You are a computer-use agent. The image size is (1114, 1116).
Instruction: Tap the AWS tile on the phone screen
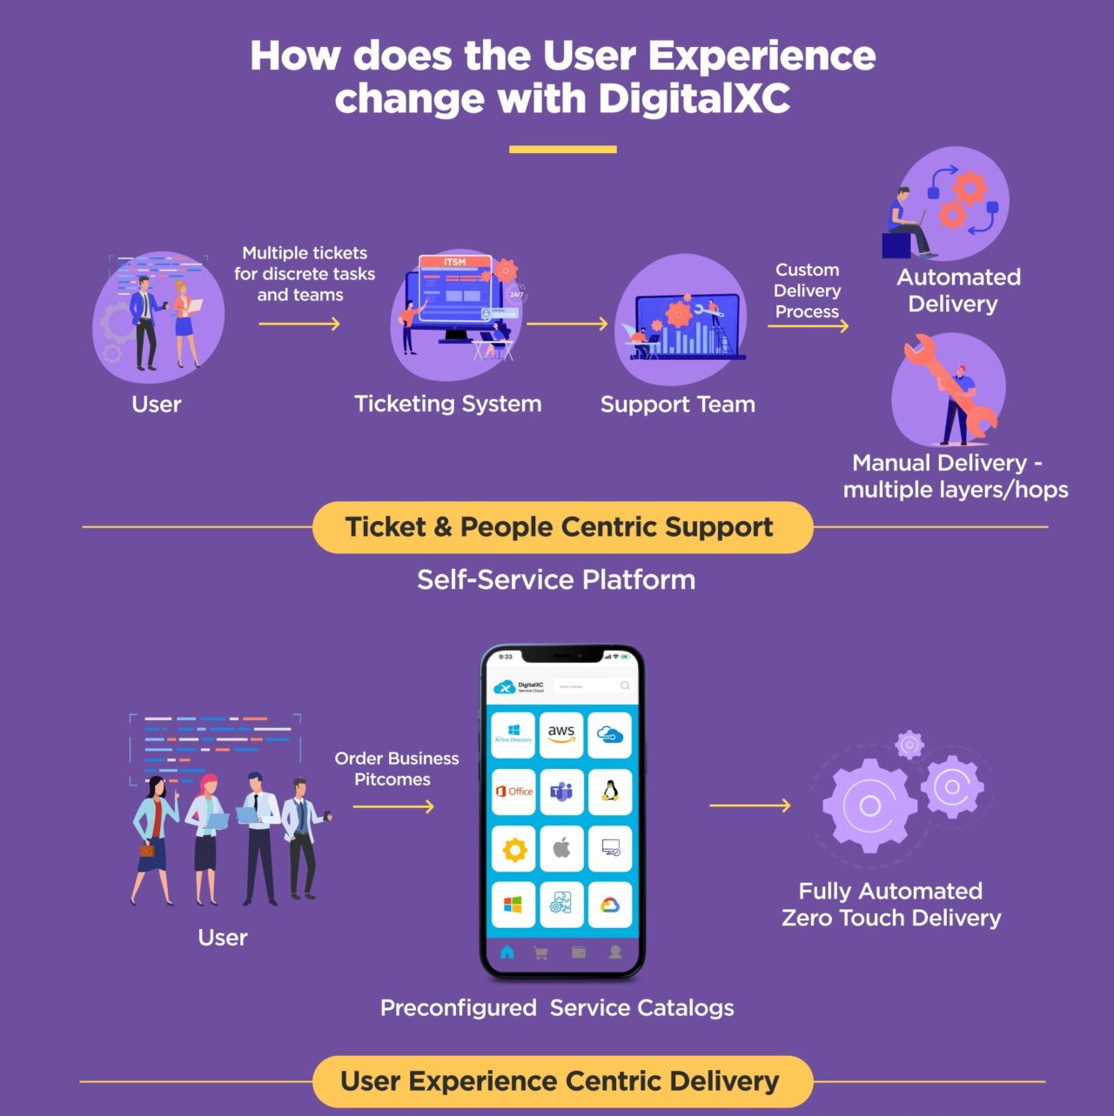click(561, 733)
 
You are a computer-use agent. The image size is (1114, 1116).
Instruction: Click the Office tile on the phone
click(513, 791)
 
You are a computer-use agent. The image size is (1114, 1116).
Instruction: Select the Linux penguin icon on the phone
click(610, 791)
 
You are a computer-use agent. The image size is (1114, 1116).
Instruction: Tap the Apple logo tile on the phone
click(561, 848)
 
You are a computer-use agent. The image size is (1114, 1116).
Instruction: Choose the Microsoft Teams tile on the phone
click(561, 791)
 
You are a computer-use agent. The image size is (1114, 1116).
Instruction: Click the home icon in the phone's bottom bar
click(507, 952)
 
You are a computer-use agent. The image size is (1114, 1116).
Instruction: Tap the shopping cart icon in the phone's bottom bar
click(540, 953)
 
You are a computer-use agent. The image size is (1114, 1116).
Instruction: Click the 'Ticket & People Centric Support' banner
click(562, 527)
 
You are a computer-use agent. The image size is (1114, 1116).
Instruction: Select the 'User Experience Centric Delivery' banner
click(562, 1081)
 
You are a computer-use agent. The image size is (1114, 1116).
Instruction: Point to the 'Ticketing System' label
click(447, 404)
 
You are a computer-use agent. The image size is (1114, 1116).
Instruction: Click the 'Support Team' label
click(677, 404)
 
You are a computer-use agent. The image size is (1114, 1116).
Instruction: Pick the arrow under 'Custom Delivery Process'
click(808, 326)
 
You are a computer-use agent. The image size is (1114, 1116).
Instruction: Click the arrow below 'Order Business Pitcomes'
click(393, 806)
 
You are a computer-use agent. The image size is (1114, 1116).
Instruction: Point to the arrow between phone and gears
click(749, 805)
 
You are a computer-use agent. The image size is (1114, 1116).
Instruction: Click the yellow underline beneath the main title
click(562, 150)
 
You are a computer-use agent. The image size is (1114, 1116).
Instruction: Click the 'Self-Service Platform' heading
click(556, 579)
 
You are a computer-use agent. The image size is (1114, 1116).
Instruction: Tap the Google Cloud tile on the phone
click(610, 905)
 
